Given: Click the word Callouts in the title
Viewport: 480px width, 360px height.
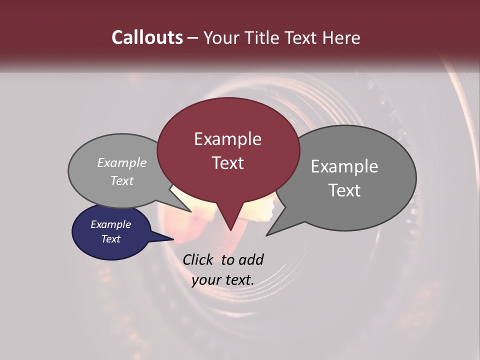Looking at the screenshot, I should pos(147,37).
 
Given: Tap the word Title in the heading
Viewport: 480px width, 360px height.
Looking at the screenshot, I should pos(262,37).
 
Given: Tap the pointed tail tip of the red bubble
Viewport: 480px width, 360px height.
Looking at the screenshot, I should pos(230,230).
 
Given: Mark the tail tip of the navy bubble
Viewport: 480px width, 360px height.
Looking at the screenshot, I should pos(173,239).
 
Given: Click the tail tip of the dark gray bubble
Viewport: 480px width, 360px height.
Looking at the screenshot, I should pos(266,235).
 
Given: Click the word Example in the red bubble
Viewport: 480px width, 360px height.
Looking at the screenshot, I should pos(227,139).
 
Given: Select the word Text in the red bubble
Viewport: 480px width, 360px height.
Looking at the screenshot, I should pos(228,163).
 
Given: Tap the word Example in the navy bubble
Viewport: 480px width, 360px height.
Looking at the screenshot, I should pos(110,224).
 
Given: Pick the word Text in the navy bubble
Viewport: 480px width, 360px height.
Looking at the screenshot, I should pos(111,239).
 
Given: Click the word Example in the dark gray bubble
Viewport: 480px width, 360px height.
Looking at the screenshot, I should pos(344,166).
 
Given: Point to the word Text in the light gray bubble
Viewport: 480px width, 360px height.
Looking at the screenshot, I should pos(122,181).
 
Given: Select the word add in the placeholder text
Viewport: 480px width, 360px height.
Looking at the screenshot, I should pos(250,259).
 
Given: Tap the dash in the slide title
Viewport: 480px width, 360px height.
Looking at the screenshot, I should pos(193,38).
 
